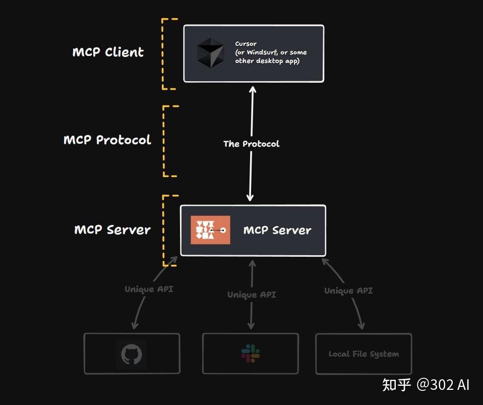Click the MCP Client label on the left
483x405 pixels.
pyautogui.click(x=108, y=52)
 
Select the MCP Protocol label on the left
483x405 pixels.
pyautogui.click(x=107, y=140)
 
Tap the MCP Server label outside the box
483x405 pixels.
pyautogui.click(x=112, y=230)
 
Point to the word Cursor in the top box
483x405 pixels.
pyautogui.click(x=246, y=44)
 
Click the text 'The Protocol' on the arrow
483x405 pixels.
pyautogui.click(x=251, y=144)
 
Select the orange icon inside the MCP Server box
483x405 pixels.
pyautogui.click(x=210, y=230)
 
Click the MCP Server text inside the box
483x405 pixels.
pyautogui.click(x=277, y=230)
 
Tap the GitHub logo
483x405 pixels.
pyautogui.click(x=132, y=355)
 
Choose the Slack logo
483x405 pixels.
pyautogui.click(x=251, y=354)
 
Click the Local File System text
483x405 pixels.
pyautogui.click(x=364, y=354)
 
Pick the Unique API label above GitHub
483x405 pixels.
pyautogui.click(x=149, y=290)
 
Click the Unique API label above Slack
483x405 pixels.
pyautogui.click(x=252, y=295)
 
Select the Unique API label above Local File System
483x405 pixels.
pyautogui.click(x=348, y=291)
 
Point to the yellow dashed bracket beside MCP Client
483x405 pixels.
pyautogui.click(x=163, y=54)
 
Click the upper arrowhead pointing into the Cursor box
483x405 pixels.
pyautogui.click(x=252, y=89)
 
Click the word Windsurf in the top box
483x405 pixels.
pyautogui.click(x=261, y=52)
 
